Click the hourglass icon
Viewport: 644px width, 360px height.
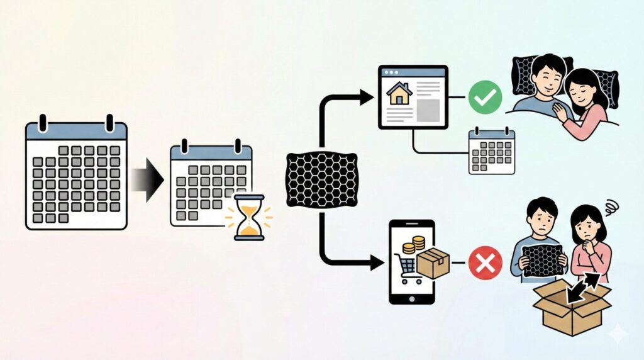click(x=249, y=217)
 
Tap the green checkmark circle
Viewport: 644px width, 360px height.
click(x=486, y=98)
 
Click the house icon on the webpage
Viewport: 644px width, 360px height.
click(x=399, y=94)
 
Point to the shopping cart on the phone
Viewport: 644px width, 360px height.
click(x=406, y=268)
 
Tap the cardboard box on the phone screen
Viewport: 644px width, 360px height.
click(x=433, y=262)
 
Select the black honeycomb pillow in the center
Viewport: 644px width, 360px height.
click(x=322, y=179)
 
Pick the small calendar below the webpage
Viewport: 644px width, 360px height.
click(x=492, y=151)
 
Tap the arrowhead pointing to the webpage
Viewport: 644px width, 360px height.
click(x=366, y=97)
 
